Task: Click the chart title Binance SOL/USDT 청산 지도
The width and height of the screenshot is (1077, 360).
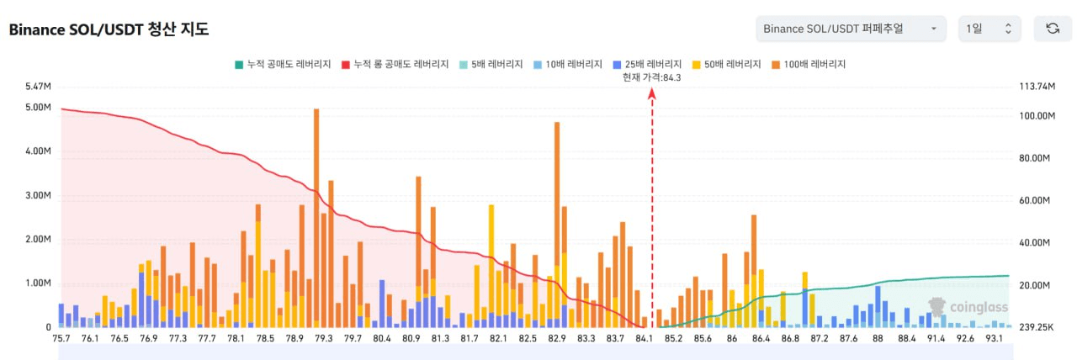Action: (x=109, y=29)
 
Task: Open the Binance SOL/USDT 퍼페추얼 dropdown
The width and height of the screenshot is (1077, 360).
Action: (x=851, y=29)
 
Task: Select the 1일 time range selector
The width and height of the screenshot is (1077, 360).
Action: (x=989, y=29)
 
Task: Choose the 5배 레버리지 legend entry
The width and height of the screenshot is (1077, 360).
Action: (x=491, y=64)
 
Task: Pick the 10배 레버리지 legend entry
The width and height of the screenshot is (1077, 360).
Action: (x=567, y=64)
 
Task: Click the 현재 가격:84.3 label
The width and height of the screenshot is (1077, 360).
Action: (x=651, y=77)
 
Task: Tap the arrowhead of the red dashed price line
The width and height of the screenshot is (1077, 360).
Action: (x=652, y=93)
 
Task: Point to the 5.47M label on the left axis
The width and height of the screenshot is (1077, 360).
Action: (x=39, y=87)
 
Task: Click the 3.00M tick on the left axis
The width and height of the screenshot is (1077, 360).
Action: (x=39, y=195)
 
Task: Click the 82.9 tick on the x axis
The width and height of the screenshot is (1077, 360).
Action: (x=557, y=338)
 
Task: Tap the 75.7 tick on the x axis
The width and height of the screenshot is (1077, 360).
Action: (x=61, y=338)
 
